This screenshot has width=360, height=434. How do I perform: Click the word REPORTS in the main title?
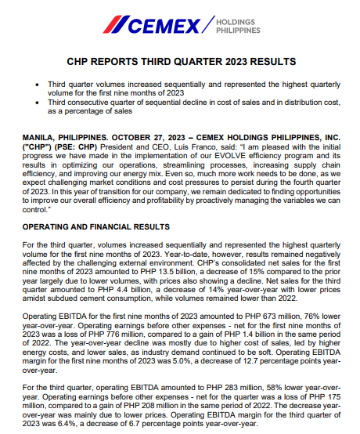144,61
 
